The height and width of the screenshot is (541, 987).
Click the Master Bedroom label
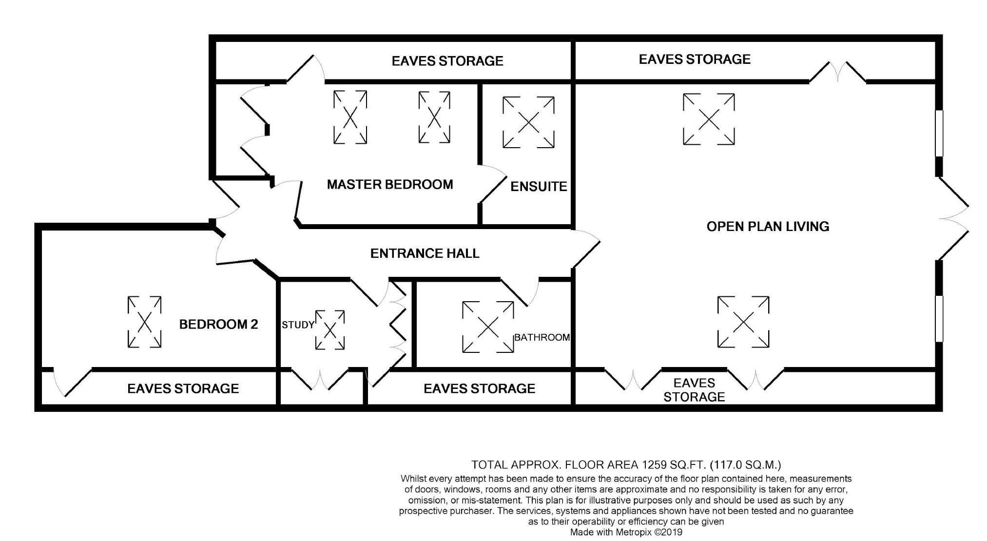coord(390,184)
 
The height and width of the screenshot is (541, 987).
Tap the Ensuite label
coord(539,186)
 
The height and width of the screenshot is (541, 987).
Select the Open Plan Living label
coord(768,226)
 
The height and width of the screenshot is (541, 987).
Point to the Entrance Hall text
coord(425,253)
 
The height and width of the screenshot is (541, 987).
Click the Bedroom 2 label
coord(218,324)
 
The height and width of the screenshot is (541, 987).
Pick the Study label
coord(298,325)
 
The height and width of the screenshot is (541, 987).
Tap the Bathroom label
coord(542,337)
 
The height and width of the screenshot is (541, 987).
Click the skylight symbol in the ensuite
coord(528,122)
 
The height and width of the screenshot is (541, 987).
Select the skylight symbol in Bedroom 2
coord(144,322)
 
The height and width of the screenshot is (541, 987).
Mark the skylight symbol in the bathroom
coord(488,327)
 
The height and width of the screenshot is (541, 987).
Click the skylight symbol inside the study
coord(330,330)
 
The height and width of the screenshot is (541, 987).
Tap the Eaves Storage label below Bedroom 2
coord(183,388)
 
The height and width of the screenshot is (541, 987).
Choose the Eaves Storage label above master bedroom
coord(447,61)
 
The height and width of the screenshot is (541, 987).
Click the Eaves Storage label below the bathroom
coord(479,388)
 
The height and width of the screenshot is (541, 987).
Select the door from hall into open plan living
coord(586,249)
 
